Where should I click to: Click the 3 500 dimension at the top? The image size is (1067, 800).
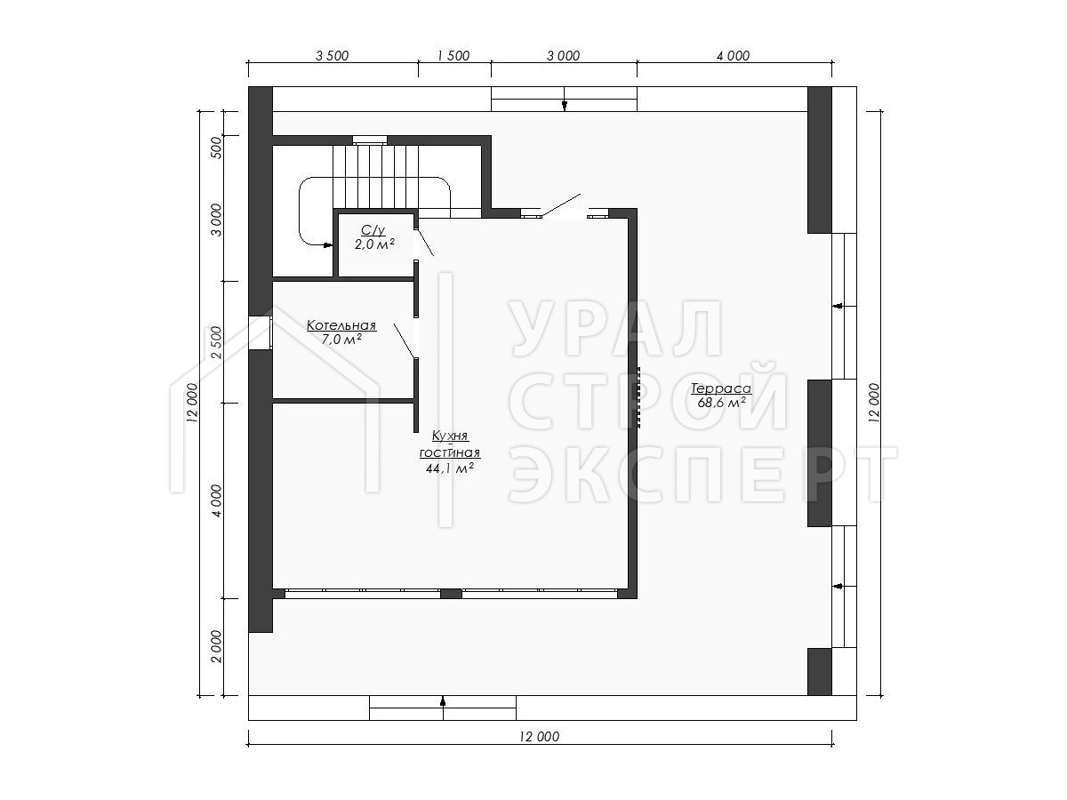[x=332, y=56]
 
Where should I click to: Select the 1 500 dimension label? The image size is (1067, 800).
[x=453, y=56]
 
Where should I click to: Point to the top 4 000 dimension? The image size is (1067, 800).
[x=733, y=56]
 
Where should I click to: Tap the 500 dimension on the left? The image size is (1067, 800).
[x=217, y=148]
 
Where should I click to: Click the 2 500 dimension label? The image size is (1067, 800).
[x=217, y=342]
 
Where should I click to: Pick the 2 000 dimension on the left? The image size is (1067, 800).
[x=217, y=646]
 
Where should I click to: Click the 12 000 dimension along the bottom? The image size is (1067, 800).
[x=539, y=737]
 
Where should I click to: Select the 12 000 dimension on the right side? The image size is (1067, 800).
[x=874, y=403]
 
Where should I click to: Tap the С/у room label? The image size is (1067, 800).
[x=373, y=230]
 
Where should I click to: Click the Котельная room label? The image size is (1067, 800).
[x=341, y=325]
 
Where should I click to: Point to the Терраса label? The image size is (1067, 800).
[x=721, y=388]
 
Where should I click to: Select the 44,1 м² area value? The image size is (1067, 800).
[x=450, y=468]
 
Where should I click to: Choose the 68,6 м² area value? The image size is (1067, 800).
[x=721, y=403]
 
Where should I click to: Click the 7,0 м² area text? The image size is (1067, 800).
[x=341, y=339]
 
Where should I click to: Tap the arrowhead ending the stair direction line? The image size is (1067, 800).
[x=329, y=245]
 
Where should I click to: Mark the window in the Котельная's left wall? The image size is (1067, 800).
[x=260, y=332]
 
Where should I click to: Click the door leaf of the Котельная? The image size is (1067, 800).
[x=404, y=340]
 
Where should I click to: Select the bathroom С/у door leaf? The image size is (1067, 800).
[x=424, y=242]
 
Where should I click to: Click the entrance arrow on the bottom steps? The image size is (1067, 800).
[x=443, y=701]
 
